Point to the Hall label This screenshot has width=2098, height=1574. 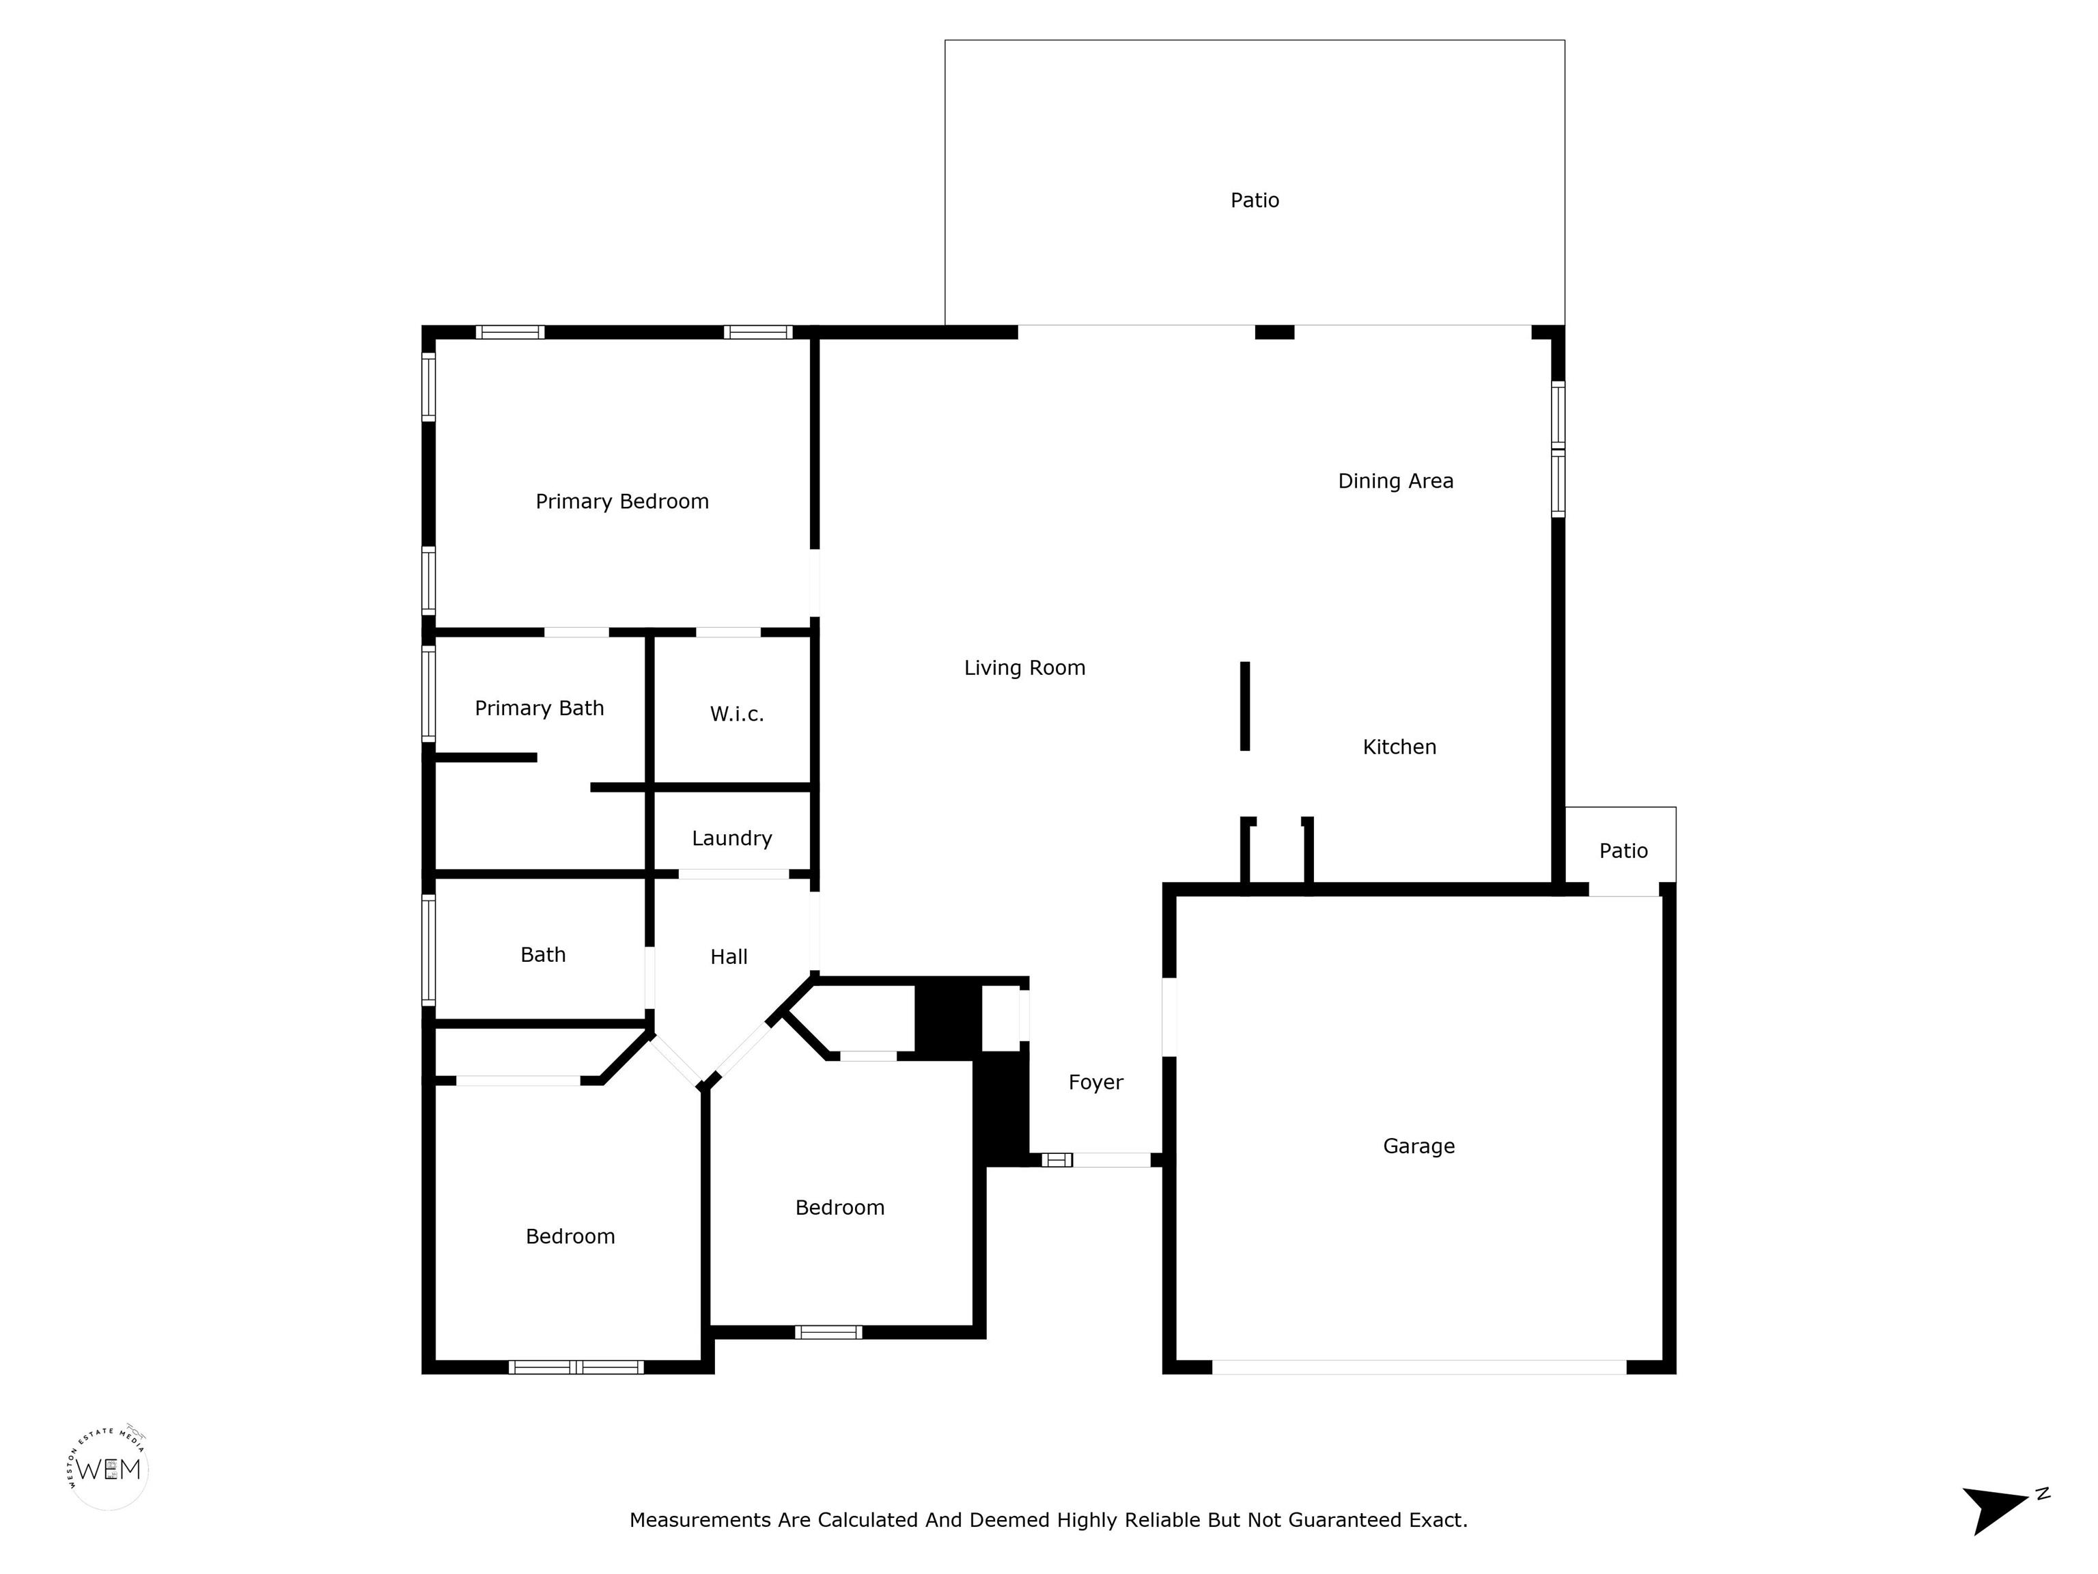coord(729,956)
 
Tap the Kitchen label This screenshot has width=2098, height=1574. coord(1399,747)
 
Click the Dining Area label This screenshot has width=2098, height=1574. coord(1395,481)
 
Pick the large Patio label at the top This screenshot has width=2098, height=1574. coord(1254,200)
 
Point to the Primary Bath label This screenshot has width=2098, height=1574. coord(539,708)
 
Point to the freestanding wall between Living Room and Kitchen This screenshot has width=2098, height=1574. coord(1244,706)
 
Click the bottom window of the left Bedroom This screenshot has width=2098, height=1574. coord(576,1367)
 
